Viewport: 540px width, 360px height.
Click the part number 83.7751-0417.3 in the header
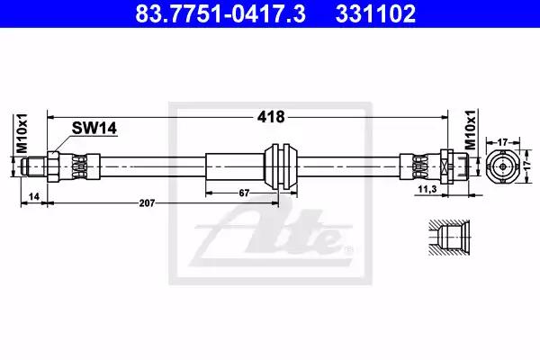pyautogui.click(x=220, y=13)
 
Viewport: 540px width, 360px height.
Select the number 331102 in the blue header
pyautogui.click(x=375, y=13)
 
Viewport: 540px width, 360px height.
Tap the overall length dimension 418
pyautogui.click(x=271, y=117)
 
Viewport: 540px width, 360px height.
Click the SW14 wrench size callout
pyautogui.click(x=94, y=128)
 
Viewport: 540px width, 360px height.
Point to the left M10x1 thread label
pyautogui.click(x=22, y=133)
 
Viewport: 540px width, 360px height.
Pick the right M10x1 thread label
pyautogui.click(x=471, y=130)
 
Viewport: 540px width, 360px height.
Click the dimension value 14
pyautogui.click(x=34, y=196)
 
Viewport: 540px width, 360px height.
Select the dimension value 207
pyautogui.click(x=147, y=203)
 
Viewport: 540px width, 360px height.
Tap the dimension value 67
pyautogui.click(x=244, y=193)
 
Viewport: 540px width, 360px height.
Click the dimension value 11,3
pyautogui.click(x=427, y=189)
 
